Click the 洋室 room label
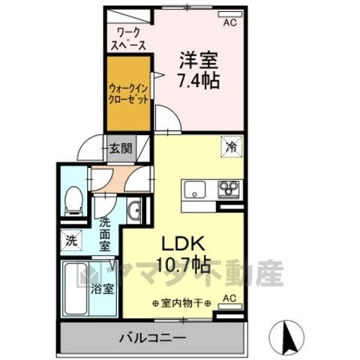199,60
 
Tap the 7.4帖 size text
199,80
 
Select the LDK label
184,244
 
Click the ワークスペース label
128,39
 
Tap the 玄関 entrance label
121,149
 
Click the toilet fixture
73,202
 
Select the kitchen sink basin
195,190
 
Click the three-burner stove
229,190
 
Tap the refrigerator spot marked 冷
232,146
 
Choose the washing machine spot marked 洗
71,241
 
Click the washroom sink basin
134,211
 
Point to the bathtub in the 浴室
75,289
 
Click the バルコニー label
153,338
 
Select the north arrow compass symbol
286,336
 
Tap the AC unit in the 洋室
229,14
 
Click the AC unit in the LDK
229,306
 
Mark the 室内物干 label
181,303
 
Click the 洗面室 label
105,234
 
